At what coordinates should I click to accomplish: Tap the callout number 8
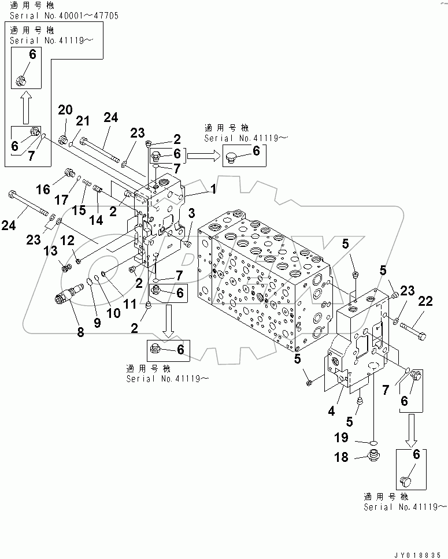80,332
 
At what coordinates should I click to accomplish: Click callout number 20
65,110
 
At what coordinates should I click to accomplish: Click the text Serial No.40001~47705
61,16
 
